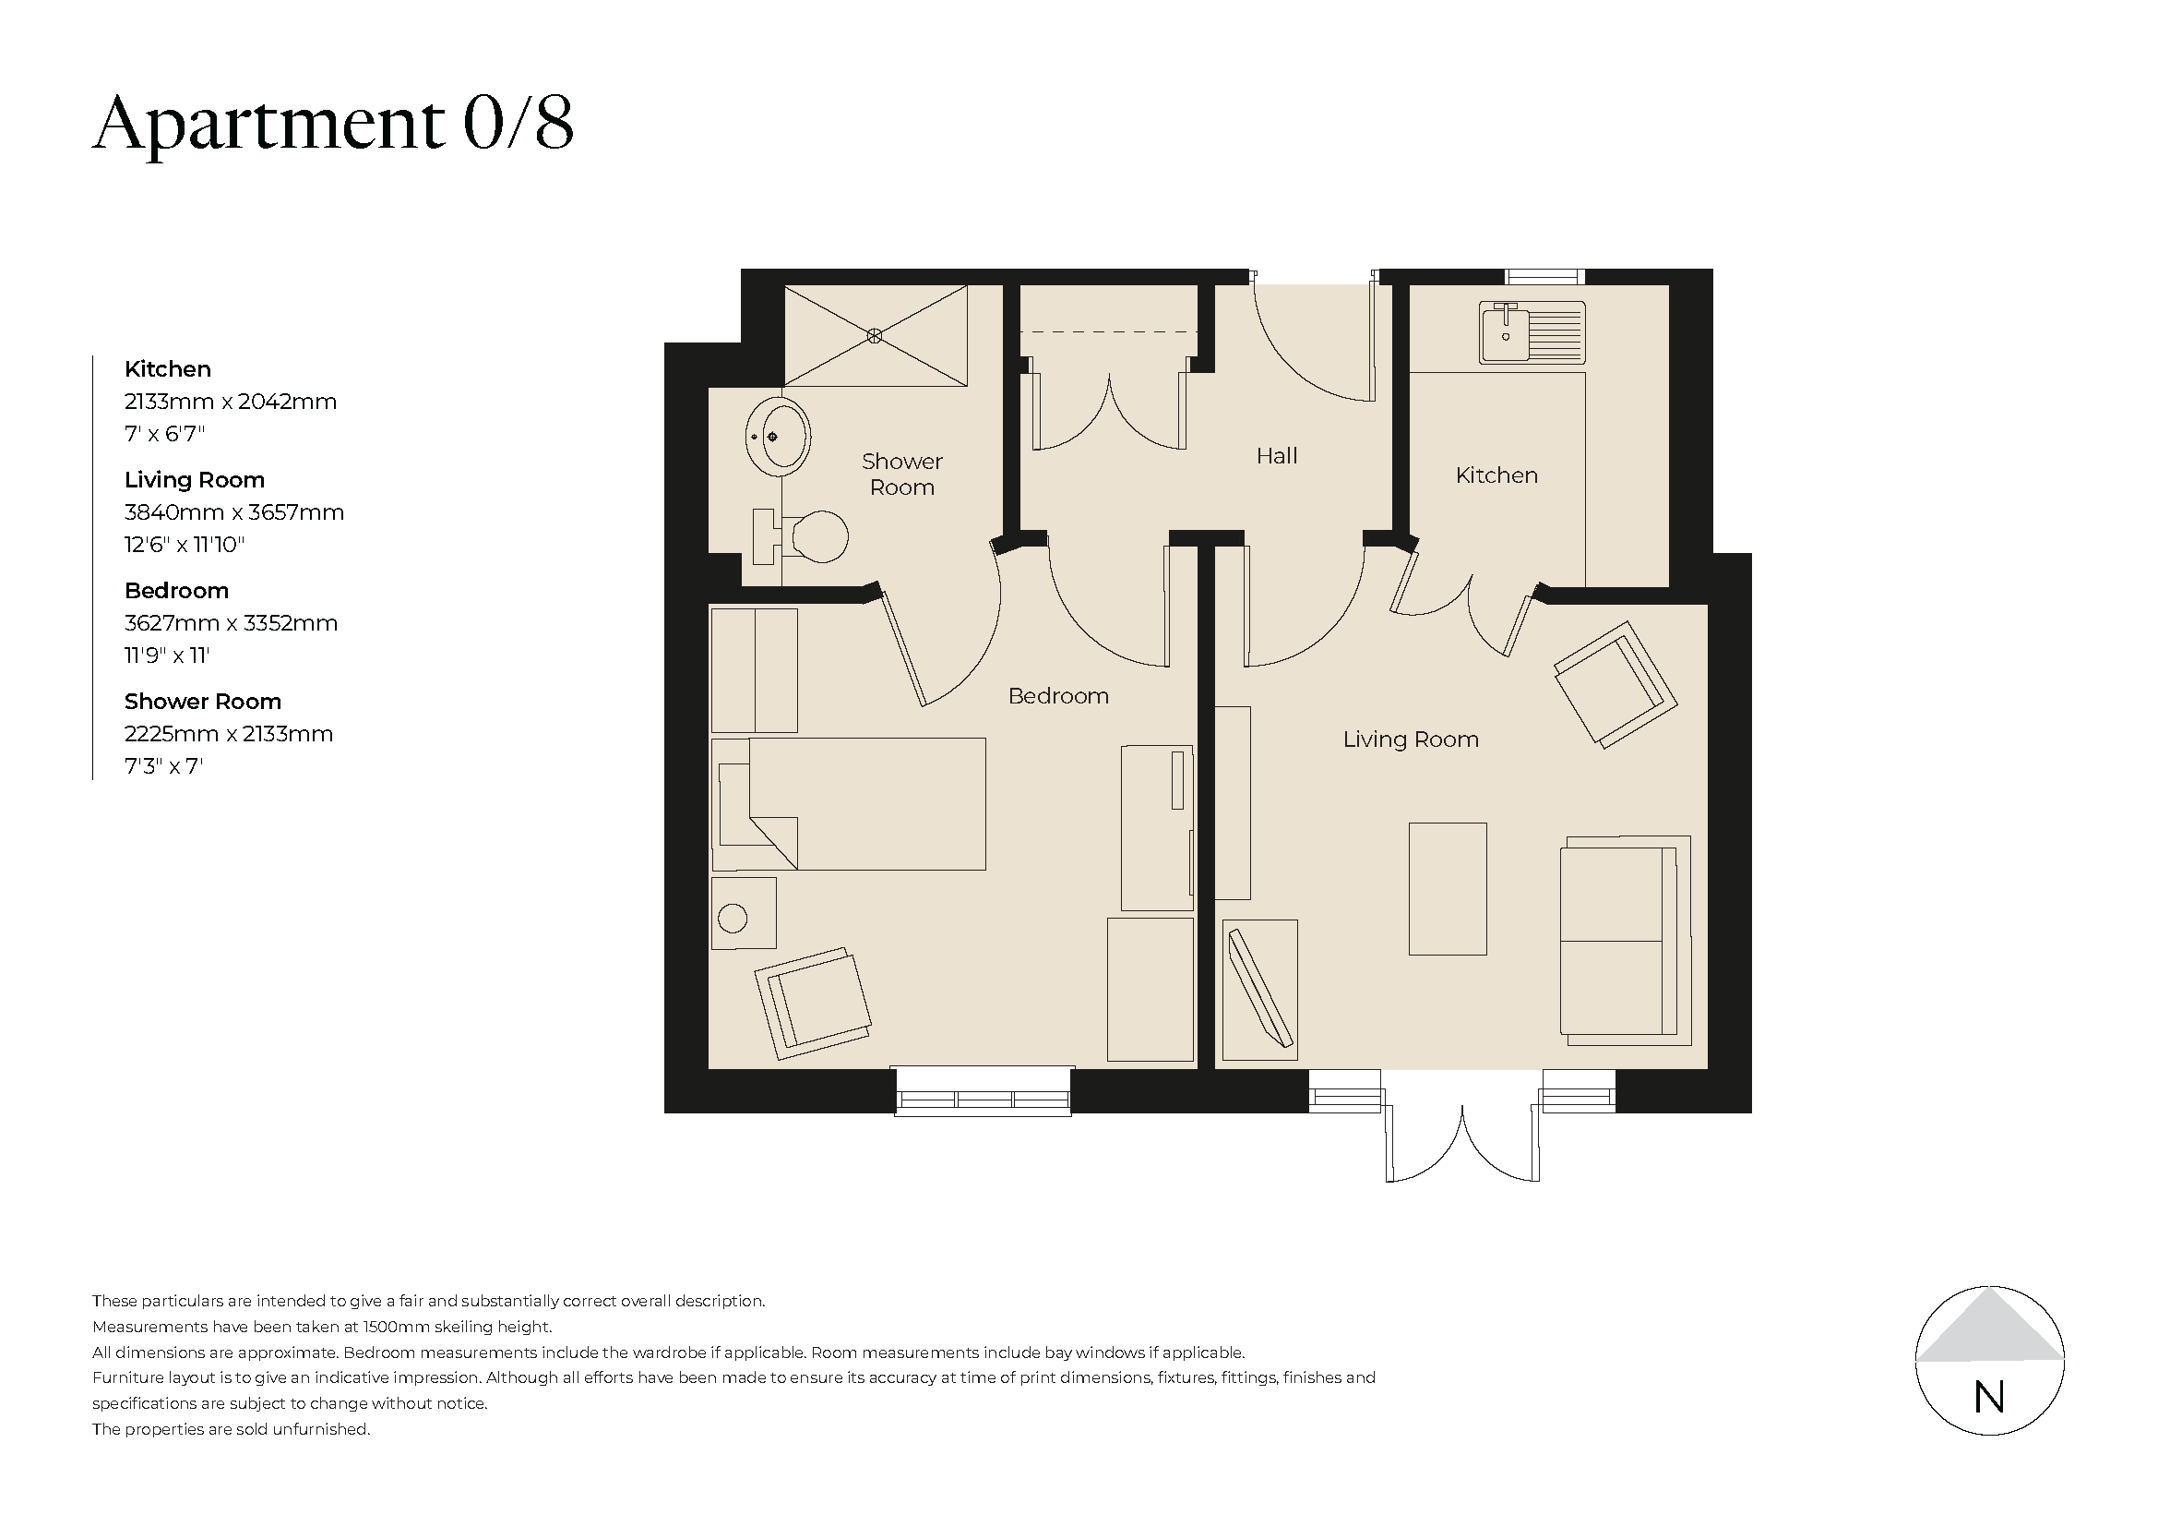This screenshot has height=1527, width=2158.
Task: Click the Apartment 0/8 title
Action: (333, 124)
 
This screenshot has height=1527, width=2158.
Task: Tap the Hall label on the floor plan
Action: (1275, 457)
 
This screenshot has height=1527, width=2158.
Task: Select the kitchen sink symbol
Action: (1532, 333)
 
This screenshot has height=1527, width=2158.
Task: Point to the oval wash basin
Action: (780, 437)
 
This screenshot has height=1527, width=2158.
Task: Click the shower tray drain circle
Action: (875, 335)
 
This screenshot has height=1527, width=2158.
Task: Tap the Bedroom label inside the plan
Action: (1057, 697)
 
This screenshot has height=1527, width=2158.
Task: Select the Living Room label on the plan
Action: (1410, 740)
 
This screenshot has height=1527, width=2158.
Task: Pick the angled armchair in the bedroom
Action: (814, 1002)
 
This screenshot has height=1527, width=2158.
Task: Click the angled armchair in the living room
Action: (1616, 683)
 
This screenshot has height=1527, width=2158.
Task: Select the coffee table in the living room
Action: (1447, 888)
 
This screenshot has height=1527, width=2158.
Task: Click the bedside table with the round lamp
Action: (744, 913)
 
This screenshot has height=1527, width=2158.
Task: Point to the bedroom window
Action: (983, 1092)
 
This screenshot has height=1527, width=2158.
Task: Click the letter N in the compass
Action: (1989, 1399)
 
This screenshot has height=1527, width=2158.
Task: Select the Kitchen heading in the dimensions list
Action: (167, 369)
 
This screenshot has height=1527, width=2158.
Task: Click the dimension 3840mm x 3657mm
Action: (234, 512)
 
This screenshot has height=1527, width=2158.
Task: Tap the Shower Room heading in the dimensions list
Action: (202, 702)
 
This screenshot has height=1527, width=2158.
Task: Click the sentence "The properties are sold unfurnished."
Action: (232, 1429)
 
